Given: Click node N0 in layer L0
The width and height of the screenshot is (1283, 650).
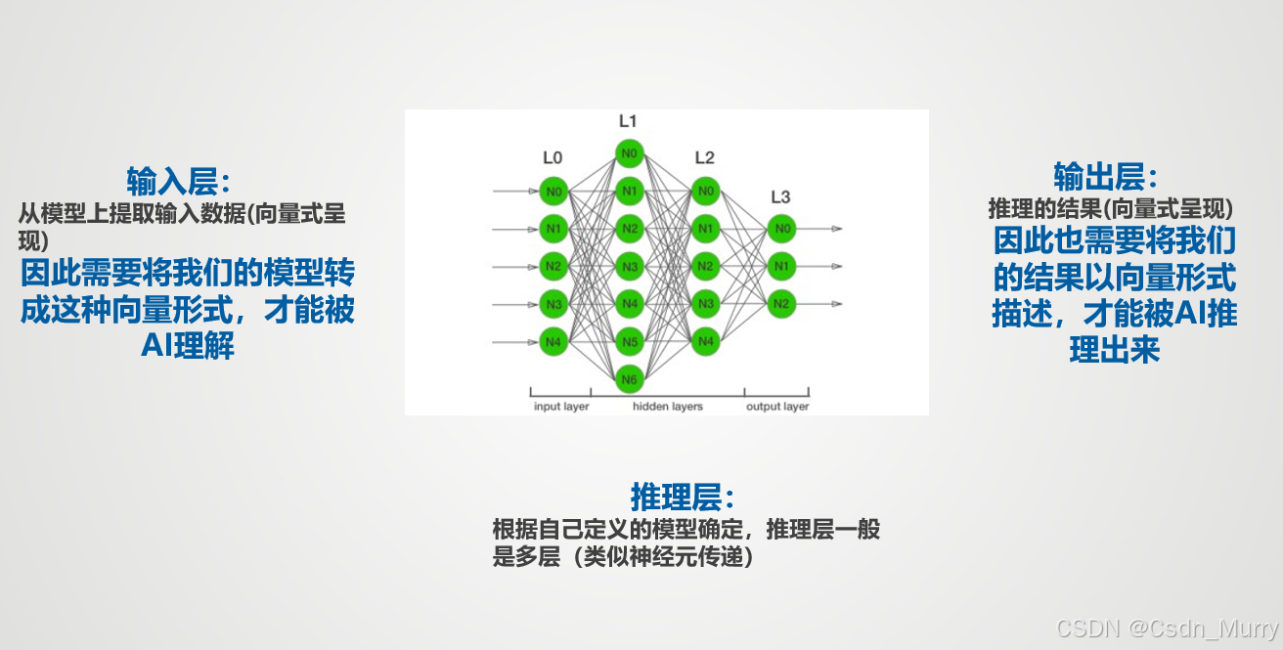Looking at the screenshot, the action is pos(553,192).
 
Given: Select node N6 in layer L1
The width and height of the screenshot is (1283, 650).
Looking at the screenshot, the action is pos(630,379).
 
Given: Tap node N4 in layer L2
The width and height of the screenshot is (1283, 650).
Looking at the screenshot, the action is pos(706,342).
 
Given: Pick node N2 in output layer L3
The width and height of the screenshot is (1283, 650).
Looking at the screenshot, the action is pos(782,304).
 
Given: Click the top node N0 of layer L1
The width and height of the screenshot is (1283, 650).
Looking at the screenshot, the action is pos(630,153).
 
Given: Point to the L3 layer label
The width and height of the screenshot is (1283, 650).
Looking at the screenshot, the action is pos(780,197).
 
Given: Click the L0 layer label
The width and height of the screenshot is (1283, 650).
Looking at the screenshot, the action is pos(553,158).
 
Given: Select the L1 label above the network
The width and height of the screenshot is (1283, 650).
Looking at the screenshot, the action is pos(628,121).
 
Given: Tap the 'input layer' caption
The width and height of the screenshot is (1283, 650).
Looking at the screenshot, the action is pos(561,406).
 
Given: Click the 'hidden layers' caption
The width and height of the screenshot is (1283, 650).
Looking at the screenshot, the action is pos(668,406).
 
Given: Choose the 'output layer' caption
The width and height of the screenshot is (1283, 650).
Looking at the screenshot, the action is pos(777,406).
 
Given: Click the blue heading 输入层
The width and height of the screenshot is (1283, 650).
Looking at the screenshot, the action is pos(179,182).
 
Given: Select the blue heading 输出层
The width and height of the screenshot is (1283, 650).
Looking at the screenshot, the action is pos(1106,177).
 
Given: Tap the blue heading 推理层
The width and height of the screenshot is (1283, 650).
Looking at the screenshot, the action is pos(683,497).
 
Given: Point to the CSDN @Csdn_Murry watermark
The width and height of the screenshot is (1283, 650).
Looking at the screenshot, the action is pos(1167,628).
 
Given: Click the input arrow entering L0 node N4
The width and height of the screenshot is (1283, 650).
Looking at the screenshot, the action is pos(515,342).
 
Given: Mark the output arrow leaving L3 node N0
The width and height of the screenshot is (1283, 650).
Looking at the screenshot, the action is pos(819,229).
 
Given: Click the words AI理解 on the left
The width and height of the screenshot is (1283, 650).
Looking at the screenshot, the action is pos(188,345).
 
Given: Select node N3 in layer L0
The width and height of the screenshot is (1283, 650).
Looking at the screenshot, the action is pos(553,304).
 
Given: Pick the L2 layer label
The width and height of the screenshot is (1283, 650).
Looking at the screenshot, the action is pos(704,158).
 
